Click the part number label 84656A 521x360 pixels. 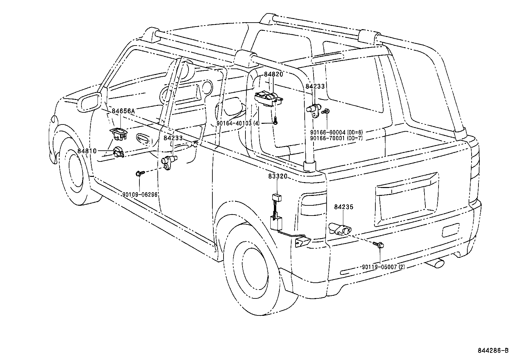[123, 111]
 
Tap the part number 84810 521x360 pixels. [87, 151]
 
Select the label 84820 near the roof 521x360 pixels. [273, 74]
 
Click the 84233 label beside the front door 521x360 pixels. [173, 138]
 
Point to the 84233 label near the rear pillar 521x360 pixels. [315, 86]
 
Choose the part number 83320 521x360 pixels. [278, 176]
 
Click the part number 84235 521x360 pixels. [344, 207]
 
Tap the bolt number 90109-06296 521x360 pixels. [140, 195]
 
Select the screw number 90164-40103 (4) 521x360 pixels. [238, 123]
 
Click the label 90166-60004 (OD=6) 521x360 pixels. [336, 132]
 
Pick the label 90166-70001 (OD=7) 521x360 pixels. [336, 138]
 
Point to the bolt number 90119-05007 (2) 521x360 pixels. [383, 267]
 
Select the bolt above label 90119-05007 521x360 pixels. [378, 244]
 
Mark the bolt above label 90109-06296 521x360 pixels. [140, 173]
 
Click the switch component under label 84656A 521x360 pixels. [119, 134]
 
